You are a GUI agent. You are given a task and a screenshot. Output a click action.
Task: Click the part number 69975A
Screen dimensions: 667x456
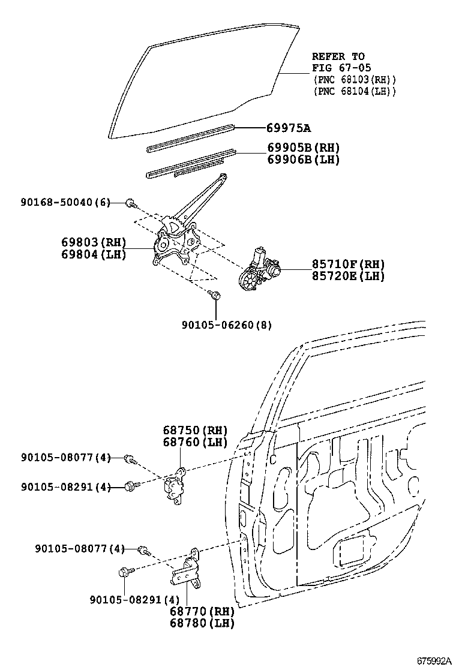(x=289, y=128)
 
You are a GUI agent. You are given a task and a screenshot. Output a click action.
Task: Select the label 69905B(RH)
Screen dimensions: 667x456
(x=303, y=148)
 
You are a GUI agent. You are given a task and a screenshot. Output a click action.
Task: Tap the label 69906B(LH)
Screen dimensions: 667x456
(x=303, y=160)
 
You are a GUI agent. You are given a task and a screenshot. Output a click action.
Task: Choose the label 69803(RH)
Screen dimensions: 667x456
(x=94, y=242)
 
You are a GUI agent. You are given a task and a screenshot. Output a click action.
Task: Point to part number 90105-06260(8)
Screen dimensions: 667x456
(x=227, y=326)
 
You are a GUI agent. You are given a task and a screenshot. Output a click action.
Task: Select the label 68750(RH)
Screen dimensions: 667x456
(x=195, y=430)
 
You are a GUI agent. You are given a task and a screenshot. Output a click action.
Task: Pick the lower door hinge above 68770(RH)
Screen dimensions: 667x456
(x=187, y=569)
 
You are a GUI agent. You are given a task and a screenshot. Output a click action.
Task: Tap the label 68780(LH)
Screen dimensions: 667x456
(x=201, y=623)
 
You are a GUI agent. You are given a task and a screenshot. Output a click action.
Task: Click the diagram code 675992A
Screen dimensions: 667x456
(x=434, y=660)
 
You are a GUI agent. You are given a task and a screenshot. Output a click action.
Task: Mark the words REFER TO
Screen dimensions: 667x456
(x=338, y=56)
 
